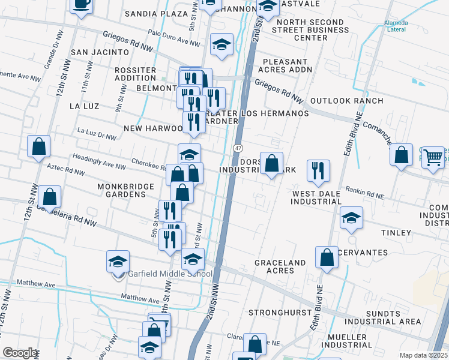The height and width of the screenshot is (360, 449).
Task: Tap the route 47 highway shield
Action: click(x=238, y=148)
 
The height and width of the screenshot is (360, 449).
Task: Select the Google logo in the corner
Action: click(x=20, y=352)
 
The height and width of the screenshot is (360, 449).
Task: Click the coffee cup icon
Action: click(x=82, y=5)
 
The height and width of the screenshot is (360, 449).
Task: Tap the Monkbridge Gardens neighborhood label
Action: click(x=125, y=190)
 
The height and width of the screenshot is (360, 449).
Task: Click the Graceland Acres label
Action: click(x=280, y=266)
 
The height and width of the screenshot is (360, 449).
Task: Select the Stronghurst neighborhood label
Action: click(x=280, y=313)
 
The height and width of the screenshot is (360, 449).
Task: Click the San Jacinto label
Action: click(x=97, y=52)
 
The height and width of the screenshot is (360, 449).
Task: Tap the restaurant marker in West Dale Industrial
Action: click(x=318, y=170)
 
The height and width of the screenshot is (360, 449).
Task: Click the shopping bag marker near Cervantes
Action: click(x=327, y=257)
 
